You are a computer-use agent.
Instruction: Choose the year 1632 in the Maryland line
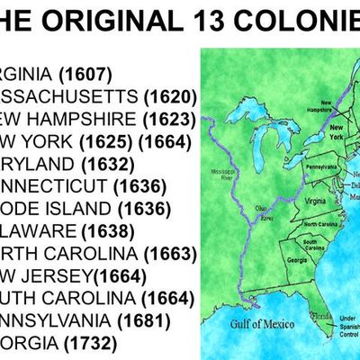pos(107,164)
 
